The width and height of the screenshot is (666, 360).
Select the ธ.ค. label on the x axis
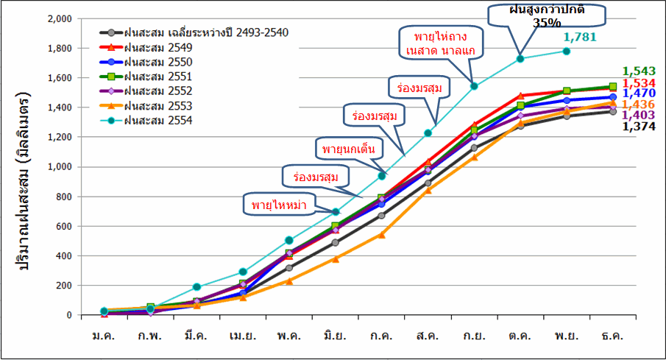(x=612, y=336)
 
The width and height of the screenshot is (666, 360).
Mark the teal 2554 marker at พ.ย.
(x=567, y=51)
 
